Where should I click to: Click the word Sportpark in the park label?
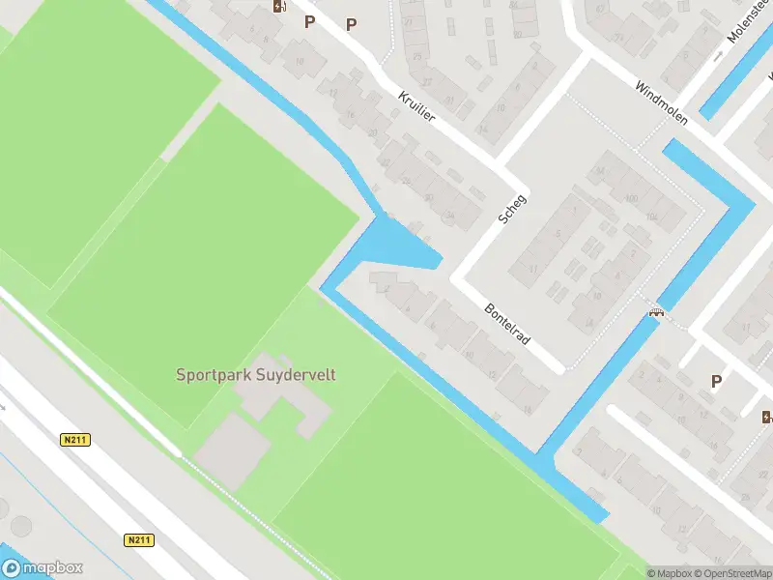[208, 374]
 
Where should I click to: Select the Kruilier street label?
[417, 106]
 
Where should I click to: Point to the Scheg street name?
[512, 209]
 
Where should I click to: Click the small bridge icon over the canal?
[657, 311]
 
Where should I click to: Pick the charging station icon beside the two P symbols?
[279, 7]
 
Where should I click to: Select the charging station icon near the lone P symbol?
[767, 418]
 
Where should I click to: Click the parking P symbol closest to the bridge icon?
[716, 381]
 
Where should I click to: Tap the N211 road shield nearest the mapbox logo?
[139, 541]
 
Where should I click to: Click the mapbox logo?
[43, 568]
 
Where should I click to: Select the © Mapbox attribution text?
[669, 573]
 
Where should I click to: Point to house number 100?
[632, 198]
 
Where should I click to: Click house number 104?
[652, 216]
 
